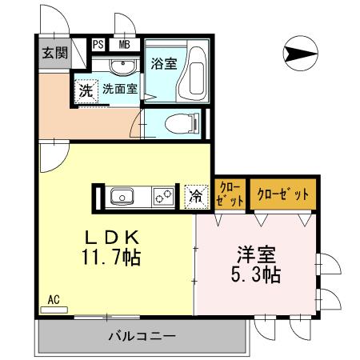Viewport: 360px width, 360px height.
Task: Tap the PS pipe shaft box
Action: tap(98, 46)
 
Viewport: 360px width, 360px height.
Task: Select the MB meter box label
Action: tap(125, 46)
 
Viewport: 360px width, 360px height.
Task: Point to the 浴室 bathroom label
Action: tap(164, 65)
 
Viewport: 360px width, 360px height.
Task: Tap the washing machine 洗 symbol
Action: tap(86, 90)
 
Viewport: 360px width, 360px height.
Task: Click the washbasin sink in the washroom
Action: tap(122, 63)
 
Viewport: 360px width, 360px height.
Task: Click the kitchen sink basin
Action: tap(122, 195)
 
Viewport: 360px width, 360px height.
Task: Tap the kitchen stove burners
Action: tap(165, 195)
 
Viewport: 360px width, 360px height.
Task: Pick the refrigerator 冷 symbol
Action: tap(194, 195)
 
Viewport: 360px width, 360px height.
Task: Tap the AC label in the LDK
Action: tap(54, 300)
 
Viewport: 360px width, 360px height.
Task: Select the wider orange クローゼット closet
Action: tap(282, 194)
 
